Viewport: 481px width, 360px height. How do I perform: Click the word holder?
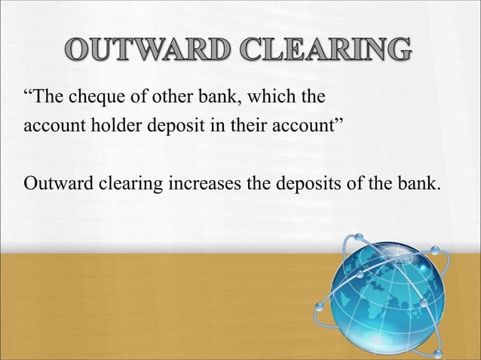coord(108,125)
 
